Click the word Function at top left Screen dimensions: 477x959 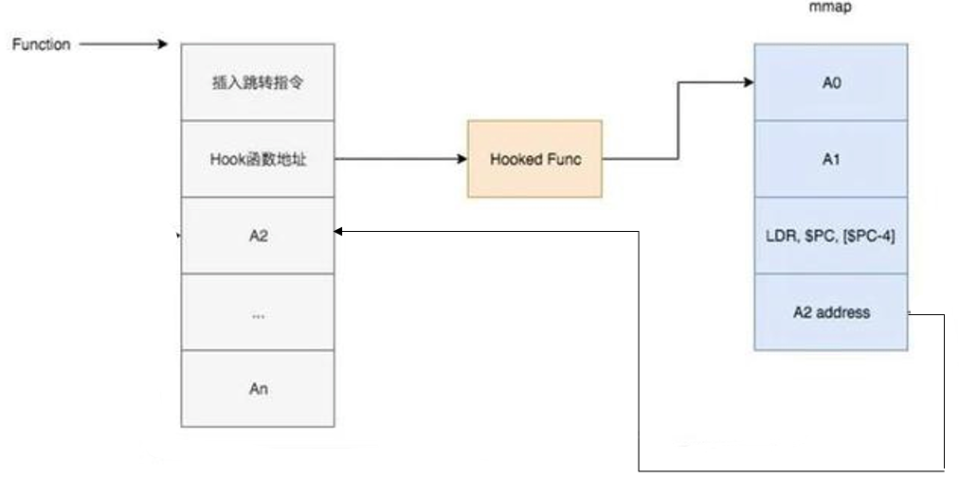(x=41, y=44)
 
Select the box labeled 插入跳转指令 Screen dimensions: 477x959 (x=258, y=82)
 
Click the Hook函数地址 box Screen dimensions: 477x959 (x=258, y=159)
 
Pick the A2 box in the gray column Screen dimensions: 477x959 (x=258, y=236)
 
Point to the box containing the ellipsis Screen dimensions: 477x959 (x=258, y=312)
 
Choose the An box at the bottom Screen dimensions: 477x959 (x=258, y=388)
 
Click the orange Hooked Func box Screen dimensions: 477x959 (x=534, y=159)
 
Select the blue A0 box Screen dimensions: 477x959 (x=831, y=82)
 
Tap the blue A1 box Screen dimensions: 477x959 (x=831, y=159)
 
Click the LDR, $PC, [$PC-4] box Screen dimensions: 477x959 (x=831, y=236)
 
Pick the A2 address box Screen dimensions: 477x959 (x=831, y=311)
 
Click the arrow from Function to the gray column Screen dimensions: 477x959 (x=123, y=44)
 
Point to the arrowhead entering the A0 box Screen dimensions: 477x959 (x=748, y=82)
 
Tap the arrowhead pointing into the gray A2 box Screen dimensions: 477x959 (x=340, y=231)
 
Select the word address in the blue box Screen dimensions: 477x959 (x=848, y=311)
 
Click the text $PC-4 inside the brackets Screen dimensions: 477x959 (x=871, y=236)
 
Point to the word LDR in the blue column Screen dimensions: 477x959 (x=781, y=236)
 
